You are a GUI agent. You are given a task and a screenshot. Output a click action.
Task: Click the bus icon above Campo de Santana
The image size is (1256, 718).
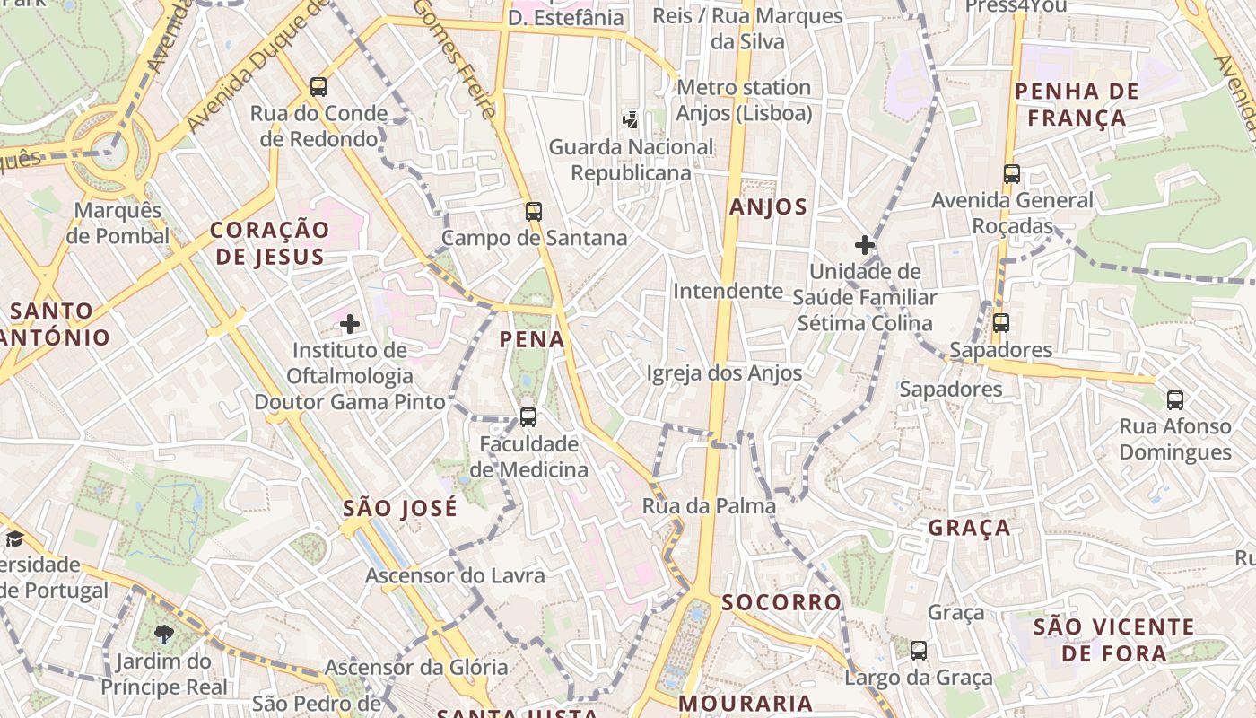click(534, 212)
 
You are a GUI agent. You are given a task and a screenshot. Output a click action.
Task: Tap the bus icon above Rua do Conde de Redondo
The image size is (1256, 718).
click(318, 87)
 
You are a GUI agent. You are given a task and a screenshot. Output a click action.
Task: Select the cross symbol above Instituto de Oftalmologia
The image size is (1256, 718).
click(350, 323)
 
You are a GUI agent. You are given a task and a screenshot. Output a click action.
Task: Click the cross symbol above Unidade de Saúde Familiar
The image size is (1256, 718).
click(865, 244)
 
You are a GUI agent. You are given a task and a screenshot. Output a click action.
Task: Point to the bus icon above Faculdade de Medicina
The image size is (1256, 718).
click(528, 417)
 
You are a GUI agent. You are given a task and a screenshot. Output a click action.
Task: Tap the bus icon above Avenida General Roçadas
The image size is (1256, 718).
click(1012, 174)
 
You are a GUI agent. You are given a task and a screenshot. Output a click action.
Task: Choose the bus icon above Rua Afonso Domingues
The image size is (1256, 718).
click(1175, 400)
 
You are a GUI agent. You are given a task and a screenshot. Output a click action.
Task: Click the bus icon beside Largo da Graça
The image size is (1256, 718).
click(919, 651)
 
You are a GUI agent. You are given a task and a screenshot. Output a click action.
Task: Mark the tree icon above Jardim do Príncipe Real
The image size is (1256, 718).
click(164, 635)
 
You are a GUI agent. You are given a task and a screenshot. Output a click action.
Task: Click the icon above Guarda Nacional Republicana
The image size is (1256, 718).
click(631, 118)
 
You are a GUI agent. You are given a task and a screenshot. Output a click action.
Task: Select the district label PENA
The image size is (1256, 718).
click(533, 339)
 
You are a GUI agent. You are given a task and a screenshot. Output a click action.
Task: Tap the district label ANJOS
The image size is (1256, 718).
click(768, 207)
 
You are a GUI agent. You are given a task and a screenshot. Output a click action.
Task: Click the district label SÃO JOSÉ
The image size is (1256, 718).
click(400, 508)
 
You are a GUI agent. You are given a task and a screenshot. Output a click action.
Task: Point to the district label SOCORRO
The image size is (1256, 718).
click(782, 601)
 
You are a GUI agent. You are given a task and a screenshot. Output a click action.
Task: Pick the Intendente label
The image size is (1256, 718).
click(728, 291)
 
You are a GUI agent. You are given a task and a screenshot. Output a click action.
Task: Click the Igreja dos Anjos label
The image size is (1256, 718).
click(724, 372)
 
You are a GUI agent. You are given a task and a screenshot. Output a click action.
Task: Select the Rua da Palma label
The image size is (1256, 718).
click(709, 506)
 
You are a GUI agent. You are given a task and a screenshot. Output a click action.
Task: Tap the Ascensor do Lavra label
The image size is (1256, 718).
click(455, 575)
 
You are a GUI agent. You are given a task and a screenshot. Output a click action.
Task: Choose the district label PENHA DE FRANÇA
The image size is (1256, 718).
click(1077, 104)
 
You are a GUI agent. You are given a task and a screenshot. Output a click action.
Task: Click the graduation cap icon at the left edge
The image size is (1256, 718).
click(14, 538)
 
